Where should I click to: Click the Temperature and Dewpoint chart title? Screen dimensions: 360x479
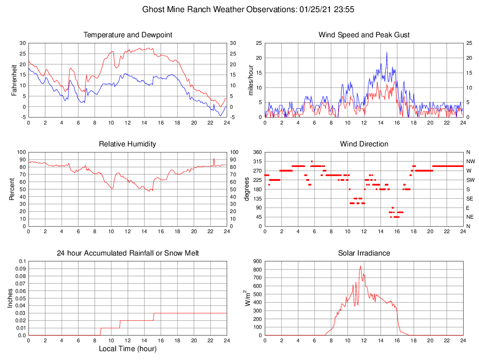click(x=127, y=35)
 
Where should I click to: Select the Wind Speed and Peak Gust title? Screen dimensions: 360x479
click(x=364, y=35)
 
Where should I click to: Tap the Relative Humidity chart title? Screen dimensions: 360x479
click(x=127, y=144)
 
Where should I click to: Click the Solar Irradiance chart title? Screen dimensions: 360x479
click(x=364, y=253)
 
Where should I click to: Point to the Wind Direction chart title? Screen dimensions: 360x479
click(x=364, y=144)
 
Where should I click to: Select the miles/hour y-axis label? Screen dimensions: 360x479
click(x=250, y=80)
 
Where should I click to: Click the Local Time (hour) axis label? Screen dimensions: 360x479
click(x=127, y=349)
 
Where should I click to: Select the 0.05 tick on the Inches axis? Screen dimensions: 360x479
click(x=21, y=298)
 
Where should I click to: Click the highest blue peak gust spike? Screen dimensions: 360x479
click(x=387, y=53)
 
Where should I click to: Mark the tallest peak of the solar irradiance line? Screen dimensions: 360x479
click(x=361, y=266)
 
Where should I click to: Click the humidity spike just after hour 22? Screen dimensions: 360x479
click(x=214, y=159)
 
